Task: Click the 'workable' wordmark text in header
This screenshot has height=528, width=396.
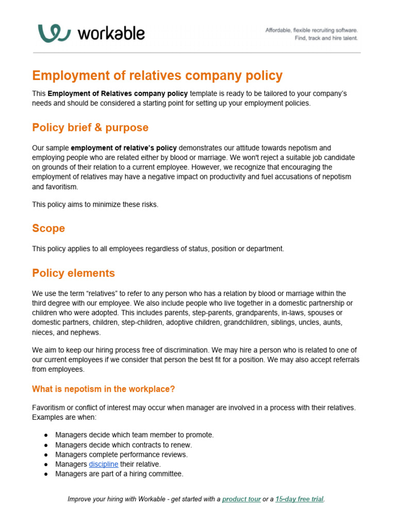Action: [x=111, y=34]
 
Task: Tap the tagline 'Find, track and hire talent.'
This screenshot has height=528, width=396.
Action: [x=326, y=38]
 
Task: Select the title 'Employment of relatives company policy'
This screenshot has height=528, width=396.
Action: [x=157, y=76]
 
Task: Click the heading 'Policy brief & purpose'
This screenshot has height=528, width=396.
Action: [x=90, y=127]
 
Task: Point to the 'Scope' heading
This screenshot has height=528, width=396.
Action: [x=48, y=228]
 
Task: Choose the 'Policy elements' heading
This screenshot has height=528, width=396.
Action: [x=73, y=273]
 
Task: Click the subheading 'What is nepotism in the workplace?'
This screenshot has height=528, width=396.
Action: [x=103, y=389]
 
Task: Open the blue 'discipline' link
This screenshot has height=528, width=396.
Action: [x=104, y=464]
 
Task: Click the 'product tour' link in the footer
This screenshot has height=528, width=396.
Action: [x=241, y=499]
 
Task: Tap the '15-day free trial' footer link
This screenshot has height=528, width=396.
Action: [x=300, y=499]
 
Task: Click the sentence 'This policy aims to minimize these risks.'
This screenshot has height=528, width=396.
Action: [x=95, y=204]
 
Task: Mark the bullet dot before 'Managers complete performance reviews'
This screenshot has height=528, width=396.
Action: [x=46, y=455]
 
